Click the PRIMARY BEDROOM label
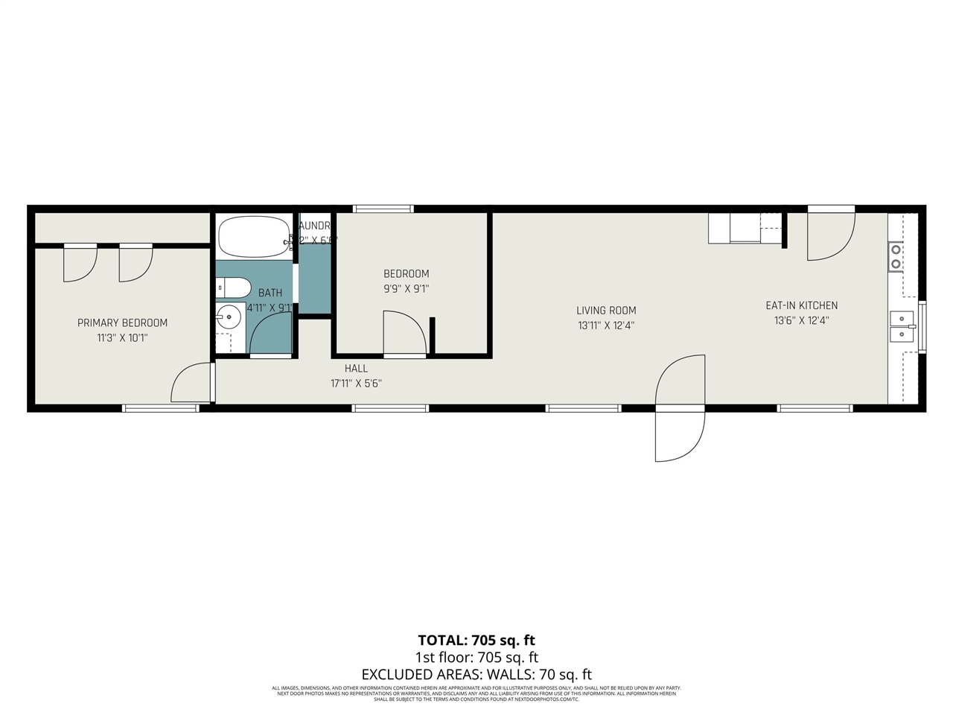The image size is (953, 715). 122,322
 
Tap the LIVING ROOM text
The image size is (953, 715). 606,311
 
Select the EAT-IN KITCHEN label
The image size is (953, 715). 801,305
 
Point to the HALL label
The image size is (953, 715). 356,369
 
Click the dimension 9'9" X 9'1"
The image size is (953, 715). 406,288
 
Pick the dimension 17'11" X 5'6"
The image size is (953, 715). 356,384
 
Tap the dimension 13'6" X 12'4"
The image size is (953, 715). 801,321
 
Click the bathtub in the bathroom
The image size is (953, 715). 254,236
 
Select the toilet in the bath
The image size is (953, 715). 232,287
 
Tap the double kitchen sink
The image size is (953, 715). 902,326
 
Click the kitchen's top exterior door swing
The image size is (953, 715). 829,237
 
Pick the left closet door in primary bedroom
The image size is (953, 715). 80,264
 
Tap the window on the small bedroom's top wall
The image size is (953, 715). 383,209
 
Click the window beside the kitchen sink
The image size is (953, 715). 922,325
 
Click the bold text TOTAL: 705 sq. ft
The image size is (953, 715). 476,641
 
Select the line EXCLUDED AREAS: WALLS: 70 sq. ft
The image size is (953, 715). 476,675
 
